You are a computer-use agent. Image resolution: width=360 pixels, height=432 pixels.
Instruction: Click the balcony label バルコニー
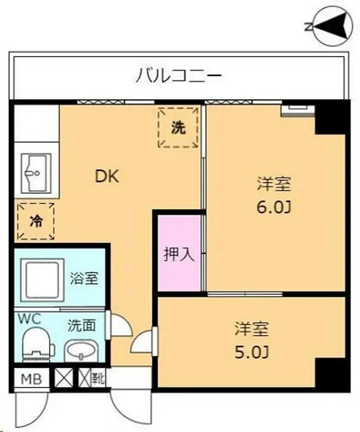pos(179,76)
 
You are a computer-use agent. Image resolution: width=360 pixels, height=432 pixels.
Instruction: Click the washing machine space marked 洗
pos(179,128)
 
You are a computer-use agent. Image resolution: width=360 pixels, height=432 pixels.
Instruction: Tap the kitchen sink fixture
pos(36,173)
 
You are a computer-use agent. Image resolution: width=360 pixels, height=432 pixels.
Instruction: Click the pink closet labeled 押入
pos(179,256)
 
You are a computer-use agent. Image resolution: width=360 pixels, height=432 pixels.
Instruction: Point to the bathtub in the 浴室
pos(41,280)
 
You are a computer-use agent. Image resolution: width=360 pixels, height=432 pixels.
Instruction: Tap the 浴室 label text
pos(83,278)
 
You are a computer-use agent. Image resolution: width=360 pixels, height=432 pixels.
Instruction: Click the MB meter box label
pos(31,379)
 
